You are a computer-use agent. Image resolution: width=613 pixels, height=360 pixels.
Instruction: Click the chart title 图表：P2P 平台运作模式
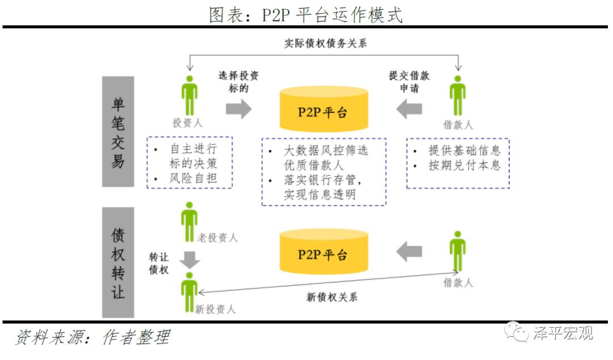[x=306, y=15]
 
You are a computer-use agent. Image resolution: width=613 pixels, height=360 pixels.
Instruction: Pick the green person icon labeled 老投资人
[x=189, y=221]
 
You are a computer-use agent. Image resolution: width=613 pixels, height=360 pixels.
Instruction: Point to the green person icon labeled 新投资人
[x=189, y=291]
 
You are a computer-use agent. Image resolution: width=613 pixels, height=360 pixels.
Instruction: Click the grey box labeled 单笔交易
[x=118, y=131]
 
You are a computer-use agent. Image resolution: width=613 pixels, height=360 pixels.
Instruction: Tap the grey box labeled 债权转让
[x=118, y=262]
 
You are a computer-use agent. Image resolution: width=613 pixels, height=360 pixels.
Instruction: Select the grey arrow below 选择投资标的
[x=238, y=108]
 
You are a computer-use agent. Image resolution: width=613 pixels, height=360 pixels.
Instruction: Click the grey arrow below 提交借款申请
[x=409, y=108]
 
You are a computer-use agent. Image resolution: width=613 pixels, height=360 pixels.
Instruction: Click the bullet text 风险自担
[x=193, y=179]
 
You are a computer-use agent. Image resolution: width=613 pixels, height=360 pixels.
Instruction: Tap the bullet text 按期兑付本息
[x=465, y=165]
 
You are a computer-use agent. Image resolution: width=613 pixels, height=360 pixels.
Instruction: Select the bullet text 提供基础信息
[x=465, y=150]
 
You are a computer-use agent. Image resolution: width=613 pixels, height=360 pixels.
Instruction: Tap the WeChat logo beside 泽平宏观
[x=516, y=332]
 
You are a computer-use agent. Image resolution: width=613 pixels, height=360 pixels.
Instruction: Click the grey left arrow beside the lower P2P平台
[x=409, y=251]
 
